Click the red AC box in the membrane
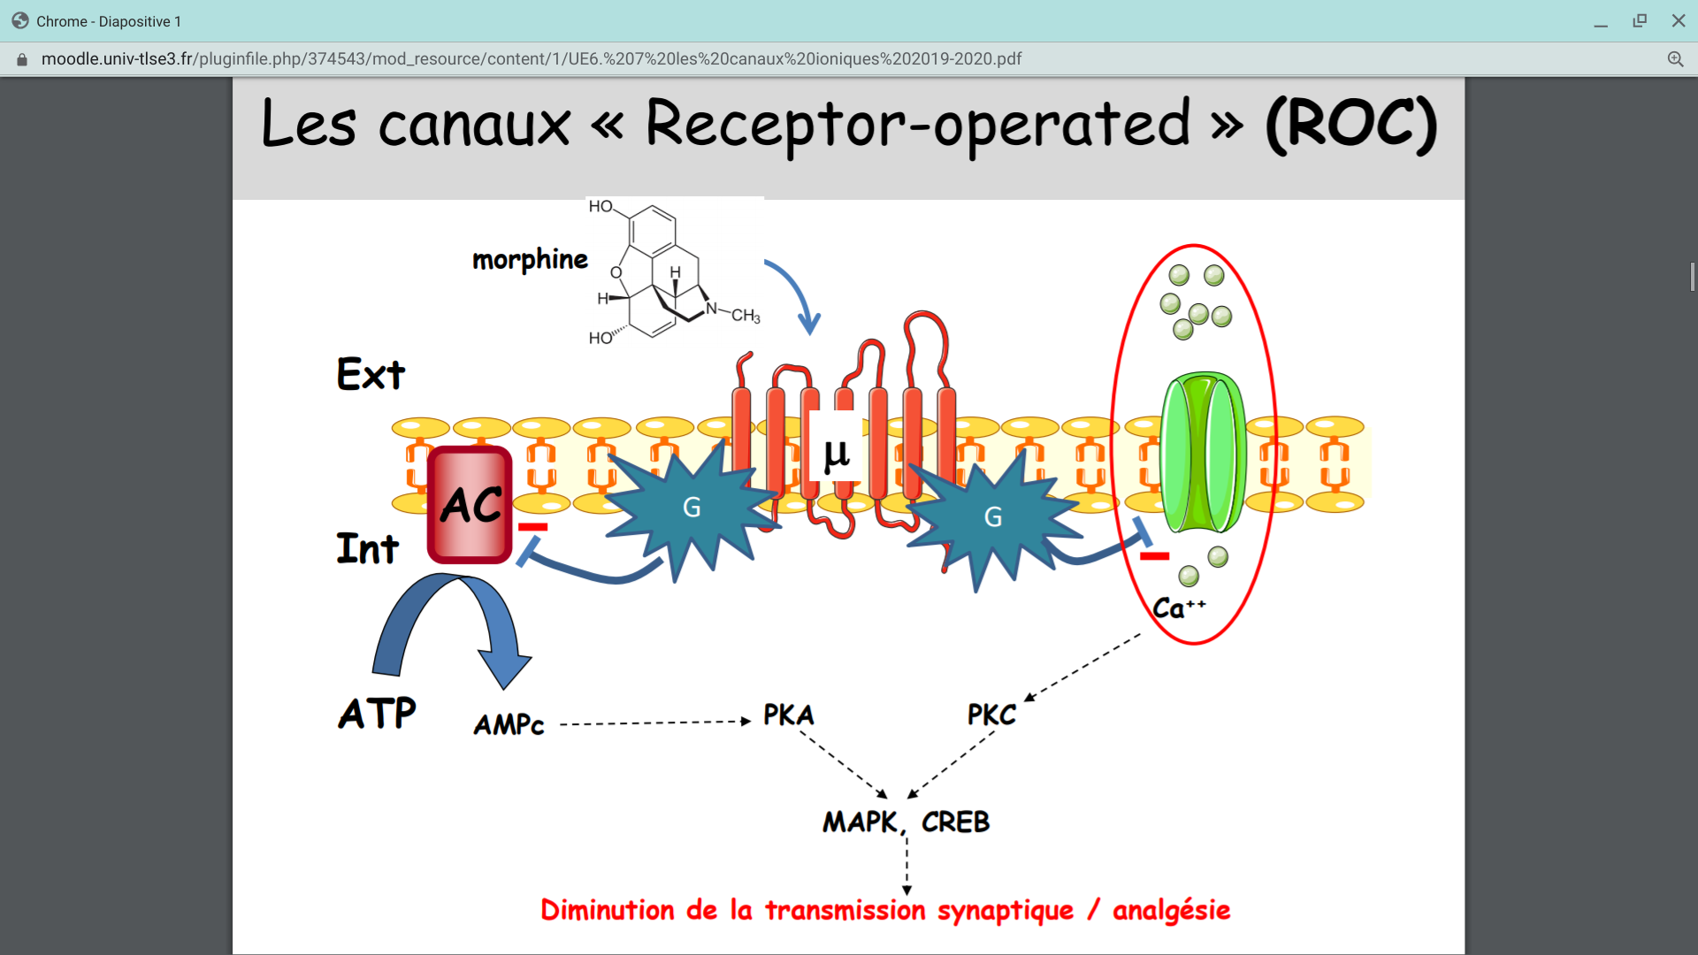tap(470, 505)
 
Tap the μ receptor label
tap(836, 454)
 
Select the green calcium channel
tap(1203, 453)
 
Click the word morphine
tap(530, 259)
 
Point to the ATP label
tap(377, 713)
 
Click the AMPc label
tap(509, 725)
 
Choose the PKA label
tap(788, 714)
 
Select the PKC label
tap(991, 714)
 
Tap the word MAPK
tap(860, 822)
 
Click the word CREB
tap(955, 822)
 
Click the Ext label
tap(371, 374)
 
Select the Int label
tap(367, 548)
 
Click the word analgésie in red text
tap(1171, 910)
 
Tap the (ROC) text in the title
tap(1350, 124)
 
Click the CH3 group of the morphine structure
tap(745, 316)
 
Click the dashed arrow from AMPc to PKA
tap(654, 722)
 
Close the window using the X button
tap(1678, 21)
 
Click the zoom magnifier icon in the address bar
tap(1675, 59)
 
